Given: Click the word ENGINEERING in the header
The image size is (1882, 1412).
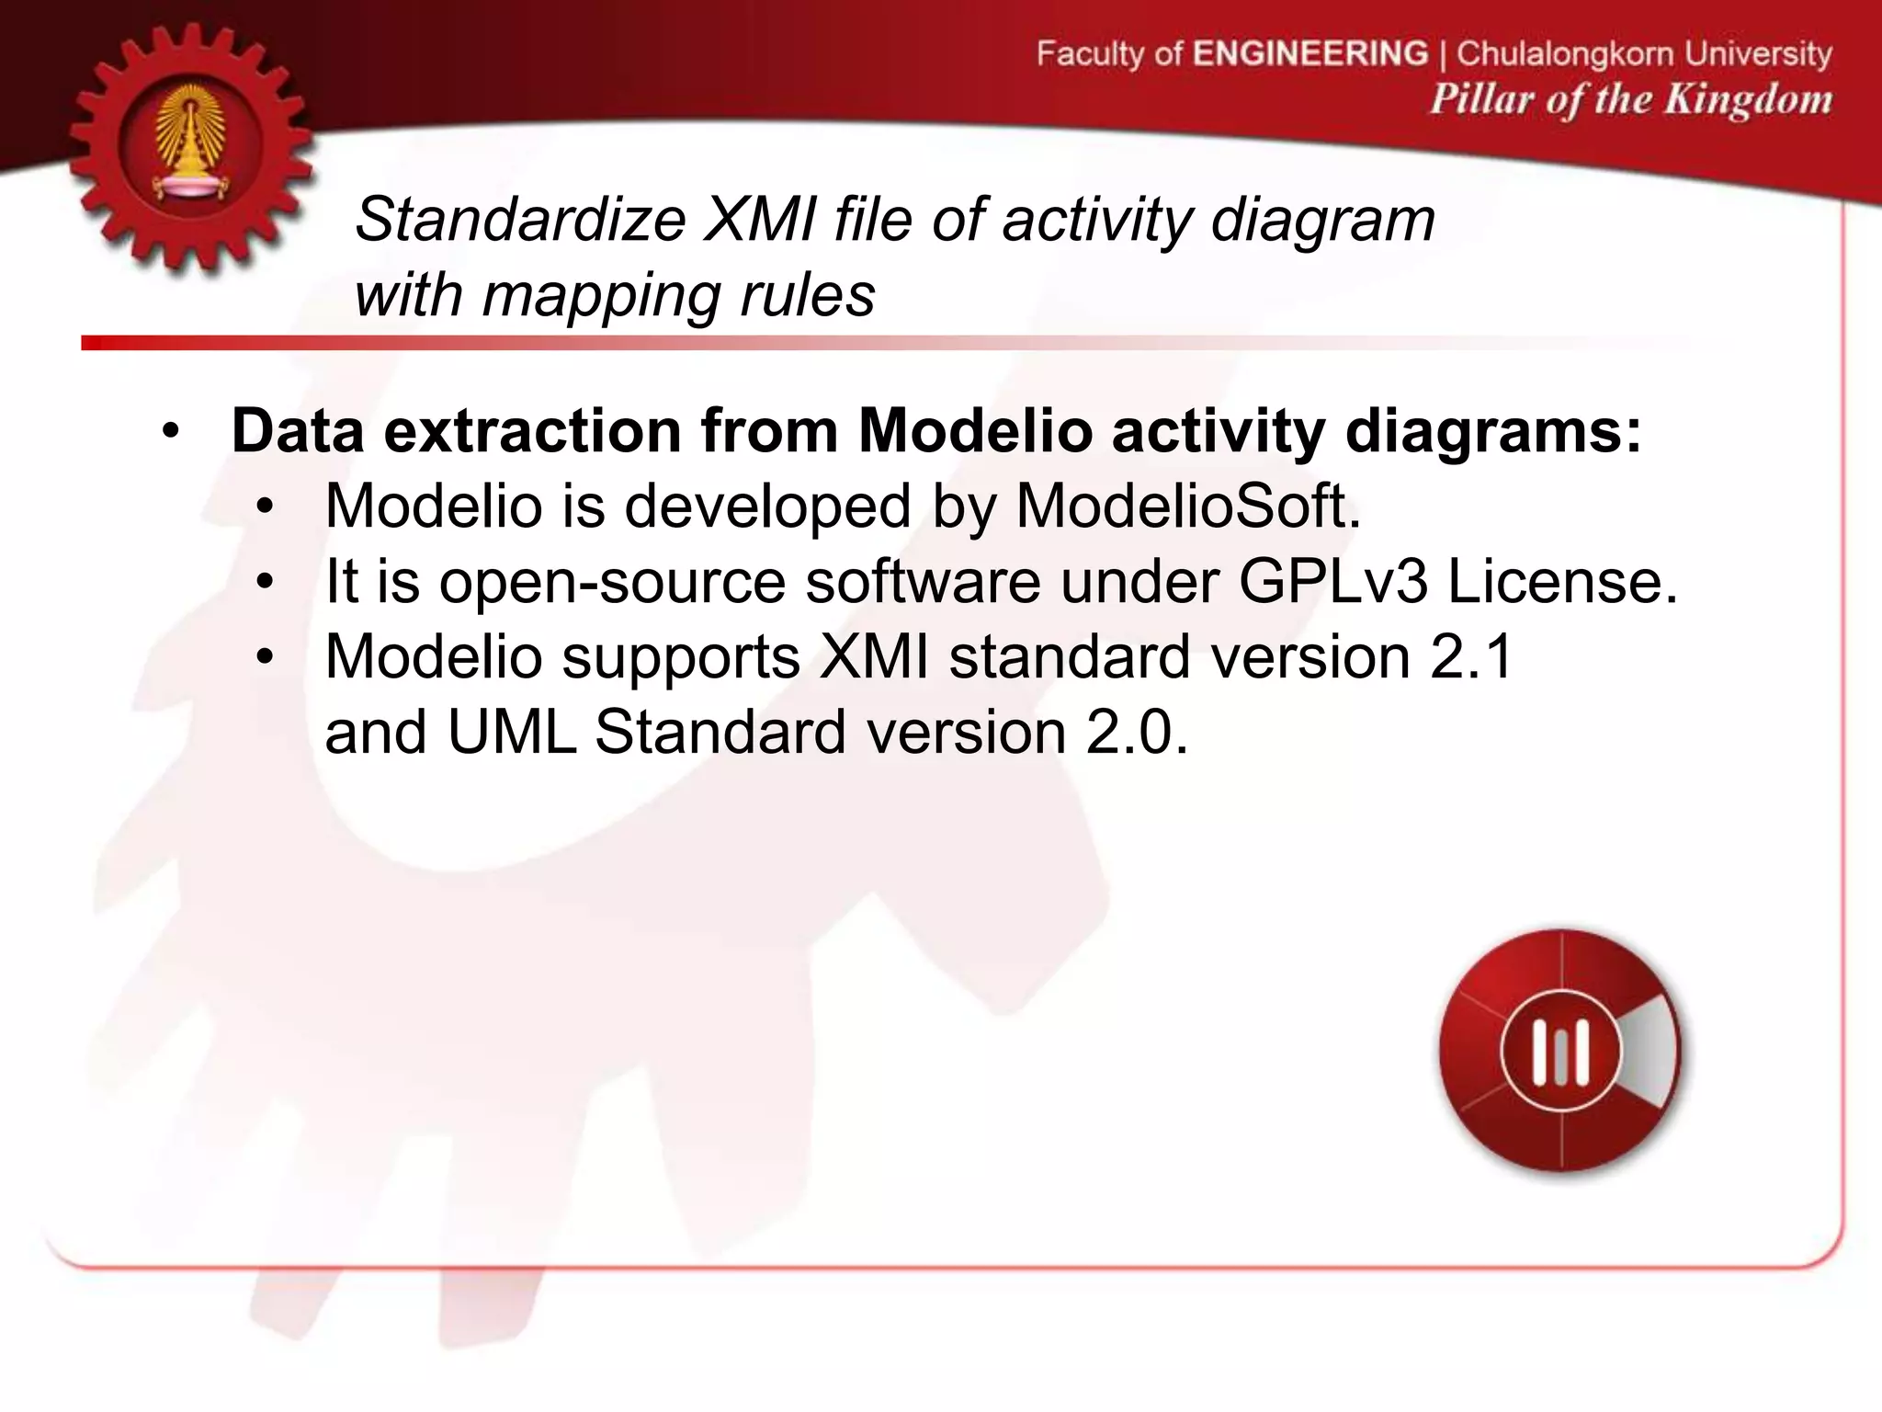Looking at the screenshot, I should click(x=1310, y=53).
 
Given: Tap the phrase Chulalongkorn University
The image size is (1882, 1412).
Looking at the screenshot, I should click(x=1644, y=54).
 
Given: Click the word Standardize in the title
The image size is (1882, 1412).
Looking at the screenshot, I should click(x=520, y=221).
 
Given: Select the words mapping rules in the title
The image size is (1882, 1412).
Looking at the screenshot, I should click(x=678, y=296).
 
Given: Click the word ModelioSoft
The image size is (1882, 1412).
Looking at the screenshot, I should click(x=1187, y=506).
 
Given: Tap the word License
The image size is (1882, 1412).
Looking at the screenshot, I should click(x=1562, y=581).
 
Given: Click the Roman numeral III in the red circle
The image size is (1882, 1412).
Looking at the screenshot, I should click(x=1560, y=1052).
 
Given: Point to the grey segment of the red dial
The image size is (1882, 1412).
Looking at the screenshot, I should click(x=1650, y=1050).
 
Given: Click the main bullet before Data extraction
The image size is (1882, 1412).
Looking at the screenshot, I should click(x=171, y=432).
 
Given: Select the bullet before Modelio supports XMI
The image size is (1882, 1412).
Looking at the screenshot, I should click(x=266, y=658).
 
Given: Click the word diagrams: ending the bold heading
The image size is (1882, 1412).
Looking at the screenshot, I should click(x=1492, y=430).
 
